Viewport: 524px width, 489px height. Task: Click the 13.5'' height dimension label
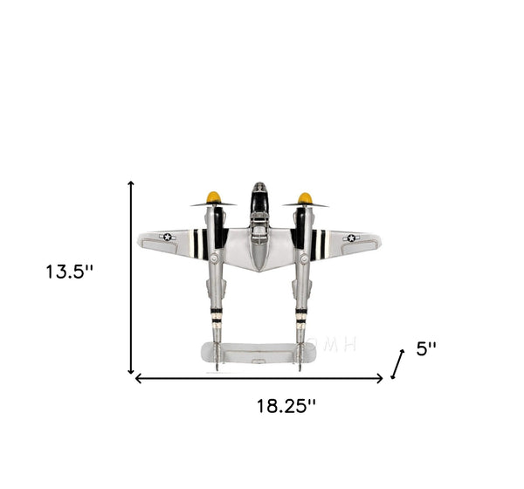click(x=69, y=272)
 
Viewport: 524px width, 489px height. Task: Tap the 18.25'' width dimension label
click(x=286, y=406)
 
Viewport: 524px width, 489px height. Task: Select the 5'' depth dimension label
click(x=426, y=348)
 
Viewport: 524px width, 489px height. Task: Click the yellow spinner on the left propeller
click(x=214, y=197)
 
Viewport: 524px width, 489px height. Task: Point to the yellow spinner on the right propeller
click(x=305, y=198)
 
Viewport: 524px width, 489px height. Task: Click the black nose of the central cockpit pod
click(x=259, y=198)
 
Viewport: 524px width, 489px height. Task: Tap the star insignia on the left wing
click(x=168, y=237)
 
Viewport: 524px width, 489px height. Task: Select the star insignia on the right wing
click(x=351, y=238)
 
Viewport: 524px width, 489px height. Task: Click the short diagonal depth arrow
click(x=397, y=364)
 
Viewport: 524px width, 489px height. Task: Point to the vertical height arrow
click(x=131, y=278)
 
